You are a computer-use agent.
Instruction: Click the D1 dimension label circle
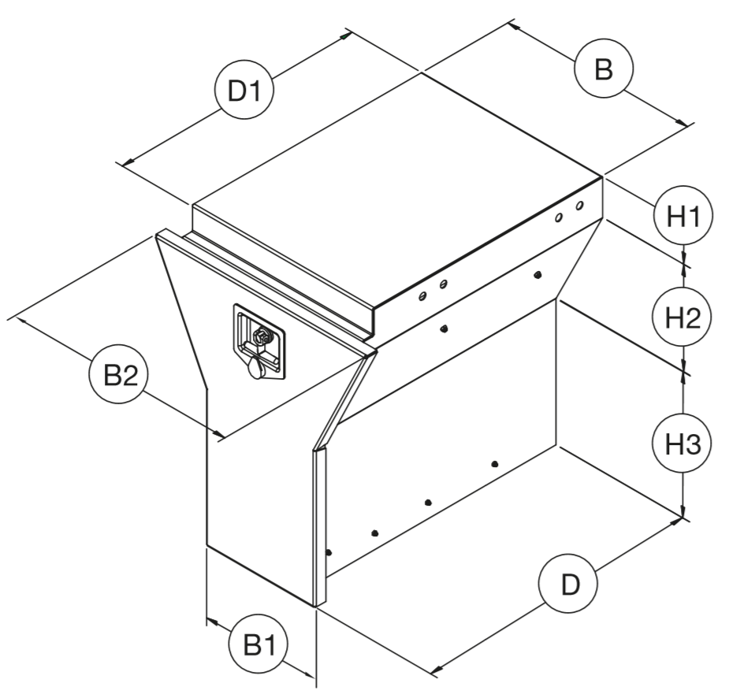(244, 91)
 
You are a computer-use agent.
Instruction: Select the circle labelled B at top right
(604, 69)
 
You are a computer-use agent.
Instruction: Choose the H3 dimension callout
(683, 444)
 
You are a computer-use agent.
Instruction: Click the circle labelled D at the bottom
(567, 585)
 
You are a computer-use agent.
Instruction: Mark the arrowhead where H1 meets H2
(683, 260)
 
